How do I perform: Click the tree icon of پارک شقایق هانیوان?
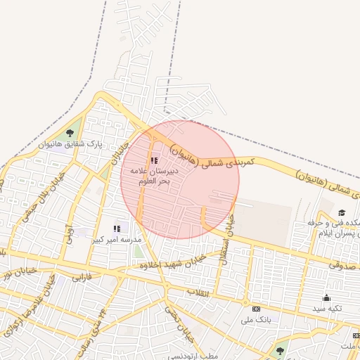[69, 133]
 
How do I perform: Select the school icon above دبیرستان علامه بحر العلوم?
[154, 160]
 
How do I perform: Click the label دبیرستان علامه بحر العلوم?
[155, 176]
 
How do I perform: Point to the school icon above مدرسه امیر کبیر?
[117, 229]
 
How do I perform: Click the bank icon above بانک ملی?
[256, 309]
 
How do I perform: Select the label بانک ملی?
[256, 320]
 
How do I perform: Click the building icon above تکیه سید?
[326, 297]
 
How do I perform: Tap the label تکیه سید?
[327, 309]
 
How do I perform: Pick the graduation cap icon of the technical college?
[342, 212]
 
